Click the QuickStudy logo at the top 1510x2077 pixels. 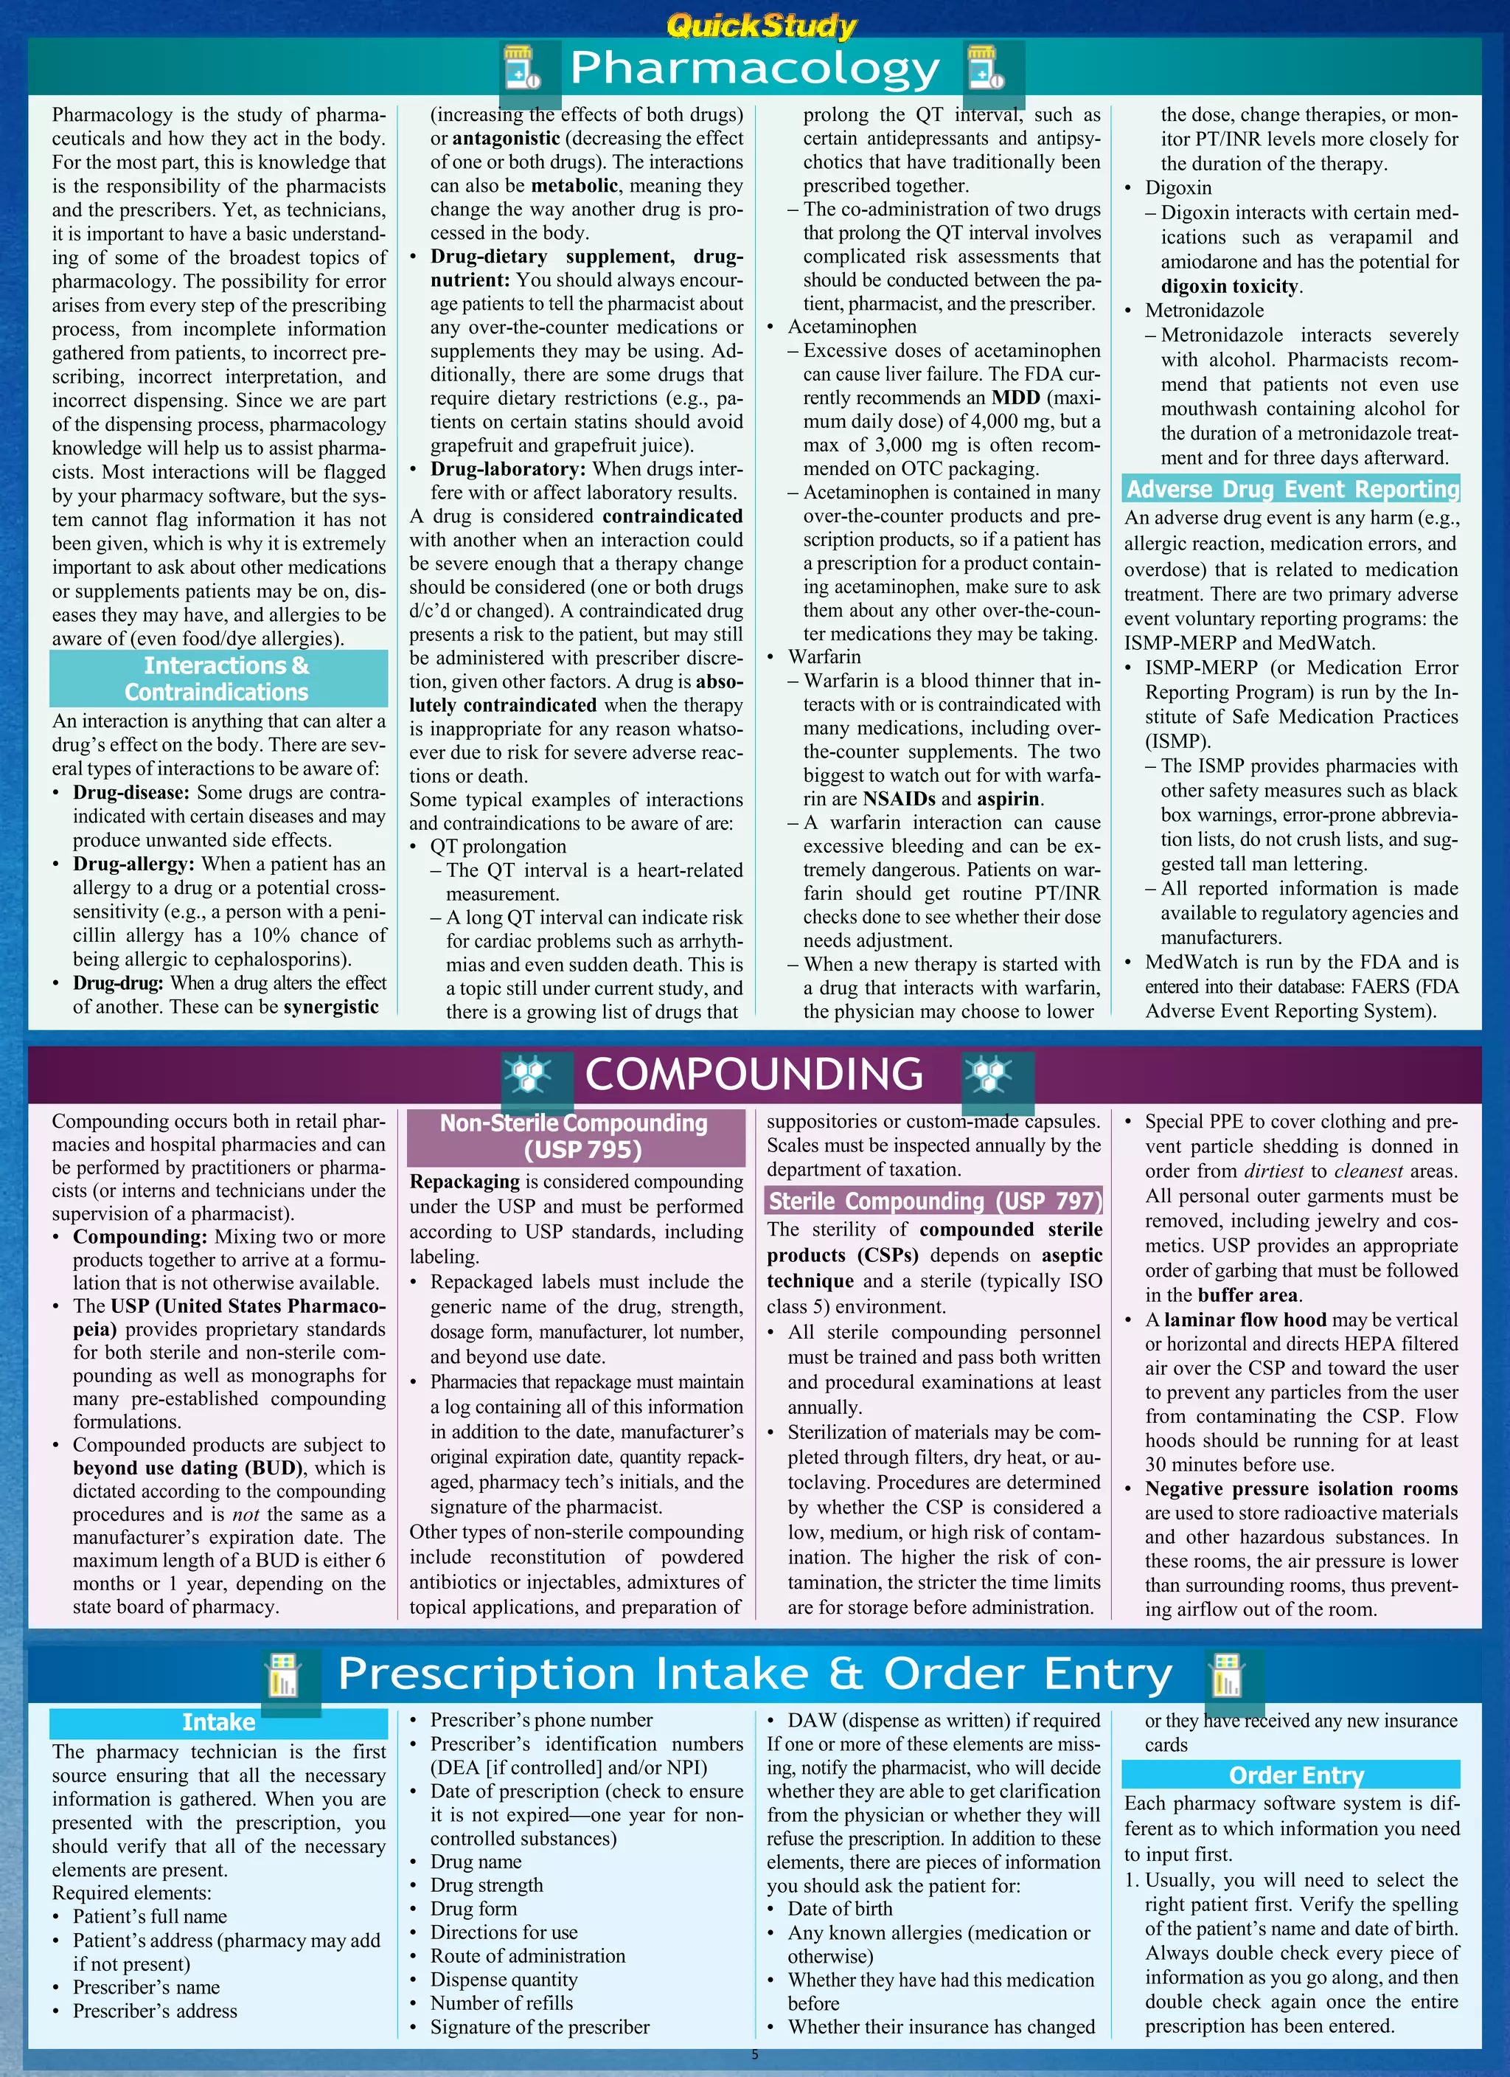(x=761, y=25)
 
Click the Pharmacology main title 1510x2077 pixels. (x=754, y=69)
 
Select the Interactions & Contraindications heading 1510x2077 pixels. (x=218, y=679)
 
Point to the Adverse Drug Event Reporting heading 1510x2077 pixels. (x=1292, y=489)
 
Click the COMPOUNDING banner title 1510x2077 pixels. (x=754, y=1074)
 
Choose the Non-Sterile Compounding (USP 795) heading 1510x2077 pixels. (x=574, y=1137)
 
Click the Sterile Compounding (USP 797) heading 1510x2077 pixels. (x=934, y=1201)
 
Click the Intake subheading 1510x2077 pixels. (x=218, y=1722)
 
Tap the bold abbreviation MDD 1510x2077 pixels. (x=1015, y=398)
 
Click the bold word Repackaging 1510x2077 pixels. (x=465, y=1182)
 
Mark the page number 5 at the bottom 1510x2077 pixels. (x=754, y=2054)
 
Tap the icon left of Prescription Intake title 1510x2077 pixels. (x=283, y=1675)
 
